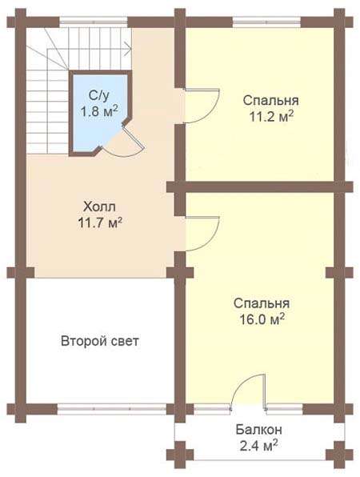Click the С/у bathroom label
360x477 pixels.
pos(99,96)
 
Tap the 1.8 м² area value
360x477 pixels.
pos(99,111)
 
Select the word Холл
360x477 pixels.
pos(99,207)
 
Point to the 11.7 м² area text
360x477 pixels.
pos(100,222)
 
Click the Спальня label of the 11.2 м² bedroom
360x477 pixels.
pos(270,100)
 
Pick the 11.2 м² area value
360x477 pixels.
pos(271,116)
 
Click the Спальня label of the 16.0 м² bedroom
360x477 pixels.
pos(262,303)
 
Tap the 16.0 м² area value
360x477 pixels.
pos(262,319)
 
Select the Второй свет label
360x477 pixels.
pos(100,341)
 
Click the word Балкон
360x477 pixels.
pos(258,430)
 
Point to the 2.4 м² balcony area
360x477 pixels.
pos(258,446)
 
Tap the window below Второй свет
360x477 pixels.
pos(111,409)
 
